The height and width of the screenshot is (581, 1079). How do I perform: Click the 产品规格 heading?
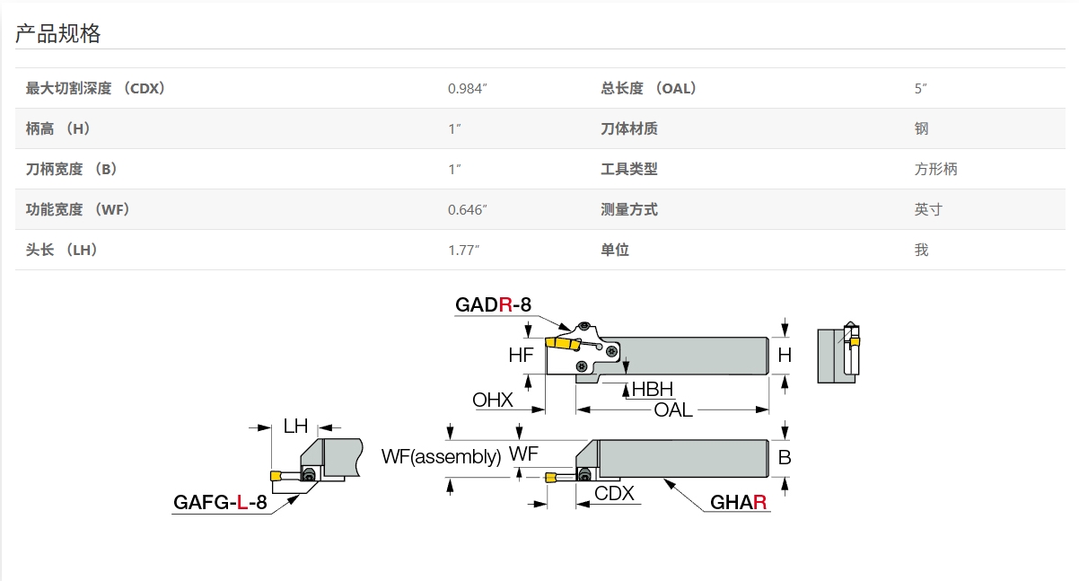pos(58,34)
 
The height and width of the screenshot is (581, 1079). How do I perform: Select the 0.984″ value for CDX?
pos(468,88)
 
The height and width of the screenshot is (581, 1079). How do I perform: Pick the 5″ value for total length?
pos(920,88)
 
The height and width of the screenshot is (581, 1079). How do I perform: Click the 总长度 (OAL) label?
pos(649,88)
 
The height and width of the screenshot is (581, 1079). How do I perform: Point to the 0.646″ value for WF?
pos(468,209)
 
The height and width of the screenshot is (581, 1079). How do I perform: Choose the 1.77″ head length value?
pos(464,250)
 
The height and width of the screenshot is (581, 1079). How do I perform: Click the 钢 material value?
pos(922,128)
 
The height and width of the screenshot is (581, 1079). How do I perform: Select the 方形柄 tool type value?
pos(936,169)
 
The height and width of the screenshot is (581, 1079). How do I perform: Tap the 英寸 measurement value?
pos(929,209)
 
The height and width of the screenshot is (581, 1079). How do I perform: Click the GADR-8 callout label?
pos(493,305)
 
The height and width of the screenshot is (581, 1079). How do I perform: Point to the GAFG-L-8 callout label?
pos(220,503)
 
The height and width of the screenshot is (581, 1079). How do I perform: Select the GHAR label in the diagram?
pos(739,503)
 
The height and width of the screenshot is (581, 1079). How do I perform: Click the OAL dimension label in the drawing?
pos(673,410)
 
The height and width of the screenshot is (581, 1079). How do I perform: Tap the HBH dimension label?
pos(653,389)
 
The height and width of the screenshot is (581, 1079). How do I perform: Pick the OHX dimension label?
pos(493,401)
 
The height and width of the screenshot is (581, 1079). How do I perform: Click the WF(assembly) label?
pos(441,456)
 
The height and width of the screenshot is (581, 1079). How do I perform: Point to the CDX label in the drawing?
pos(614,493)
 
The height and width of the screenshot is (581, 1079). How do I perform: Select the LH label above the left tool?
pos(295,427)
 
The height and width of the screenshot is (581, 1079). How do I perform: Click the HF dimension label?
pos(521,356)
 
